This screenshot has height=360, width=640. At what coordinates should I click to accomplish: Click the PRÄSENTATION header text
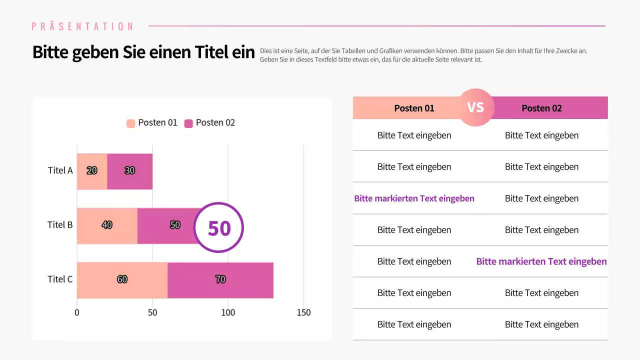tap(82, 26)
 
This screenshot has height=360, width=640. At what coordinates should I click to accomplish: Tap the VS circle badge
tap(475, 107)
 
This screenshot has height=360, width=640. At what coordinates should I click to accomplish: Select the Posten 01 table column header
tap(414, 108)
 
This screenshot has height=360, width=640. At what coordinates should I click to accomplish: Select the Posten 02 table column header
tap(541, 108)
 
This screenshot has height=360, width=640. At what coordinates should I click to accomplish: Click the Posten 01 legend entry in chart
tap(152, 123)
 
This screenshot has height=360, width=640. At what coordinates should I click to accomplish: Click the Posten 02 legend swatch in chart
tap(188, 123)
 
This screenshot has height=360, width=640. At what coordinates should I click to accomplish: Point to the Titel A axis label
tap(60, 170)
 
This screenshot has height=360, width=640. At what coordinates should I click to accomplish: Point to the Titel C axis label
tap(60, 279)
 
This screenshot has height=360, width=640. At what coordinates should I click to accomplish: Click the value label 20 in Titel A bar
tap(92, 170)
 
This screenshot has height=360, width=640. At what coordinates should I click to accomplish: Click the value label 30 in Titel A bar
tap(129, 170)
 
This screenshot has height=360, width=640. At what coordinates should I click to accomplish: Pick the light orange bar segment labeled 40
tap(107, 225)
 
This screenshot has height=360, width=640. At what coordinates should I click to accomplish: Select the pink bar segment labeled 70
tap(220, 279)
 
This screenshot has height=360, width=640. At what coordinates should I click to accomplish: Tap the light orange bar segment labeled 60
tap(122, 279)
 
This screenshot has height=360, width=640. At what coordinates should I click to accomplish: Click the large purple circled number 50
tap(219, 227)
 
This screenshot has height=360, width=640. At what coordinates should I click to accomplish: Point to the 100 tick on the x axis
tap(228, 312)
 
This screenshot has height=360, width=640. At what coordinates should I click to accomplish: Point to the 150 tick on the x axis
tap(303, 312)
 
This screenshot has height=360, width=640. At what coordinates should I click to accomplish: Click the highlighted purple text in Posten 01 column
tap(414, 198)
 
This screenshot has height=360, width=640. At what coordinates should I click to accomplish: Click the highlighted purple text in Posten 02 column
tap(541, 261)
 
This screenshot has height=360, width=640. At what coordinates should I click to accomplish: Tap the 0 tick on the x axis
tap(77, 312)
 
